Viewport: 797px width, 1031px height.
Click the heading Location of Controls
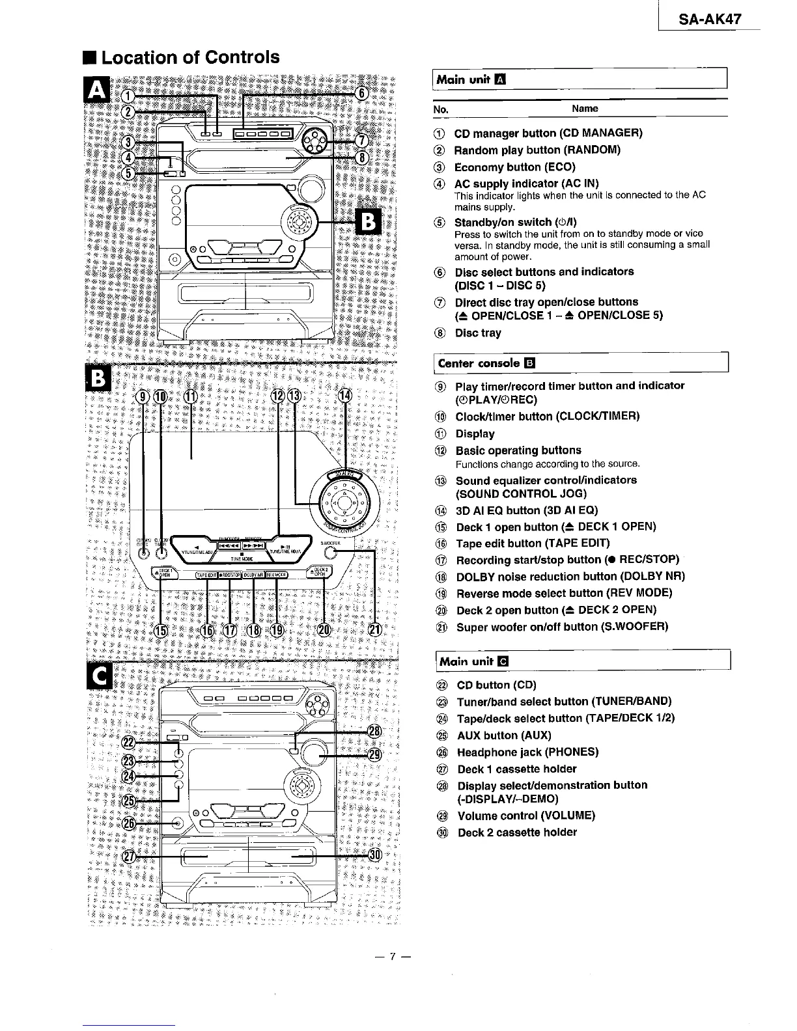pyautogui.click(x=190, y=57)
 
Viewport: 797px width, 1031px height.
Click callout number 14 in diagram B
pyautogui.click(x=345, y=396)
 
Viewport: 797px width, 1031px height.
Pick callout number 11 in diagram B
pyautogui.click(x=190, y=397)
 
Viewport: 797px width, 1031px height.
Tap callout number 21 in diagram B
pyautogui.click(x=375, y=629)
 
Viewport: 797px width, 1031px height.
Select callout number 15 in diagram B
pyautogui.click(x=160, y=630)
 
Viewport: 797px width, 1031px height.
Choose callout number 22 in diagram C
pyautogui.click(x=129, y=743)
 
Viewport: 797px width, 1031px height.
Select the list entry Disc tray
pyautogui.click(x=478, y=333)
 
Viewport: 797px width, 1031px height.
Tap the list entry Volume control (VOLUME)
pyautogui.click(x=526, y=816)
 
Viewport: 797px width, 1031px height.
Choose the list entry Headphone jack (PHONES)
pyautogui.click(x=527, y=752)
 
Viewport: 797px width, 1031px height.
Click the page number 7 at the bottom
pyautogui.click(x=392, y=957)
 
